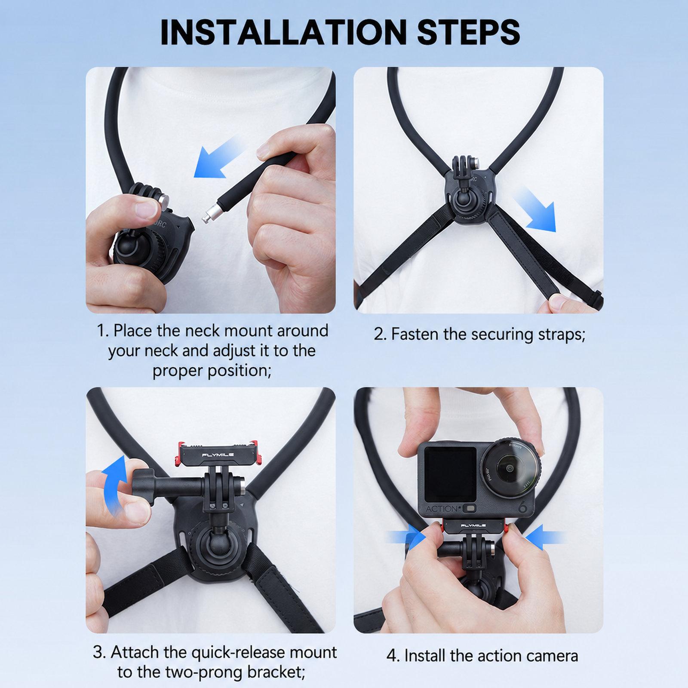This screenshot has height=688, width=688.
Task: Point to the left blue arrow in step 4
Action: pyautogui.click(x=406, y=537)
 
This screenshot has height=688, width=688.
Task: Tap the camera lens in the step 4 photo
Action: pyautogui.click(x=507, y=470)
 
